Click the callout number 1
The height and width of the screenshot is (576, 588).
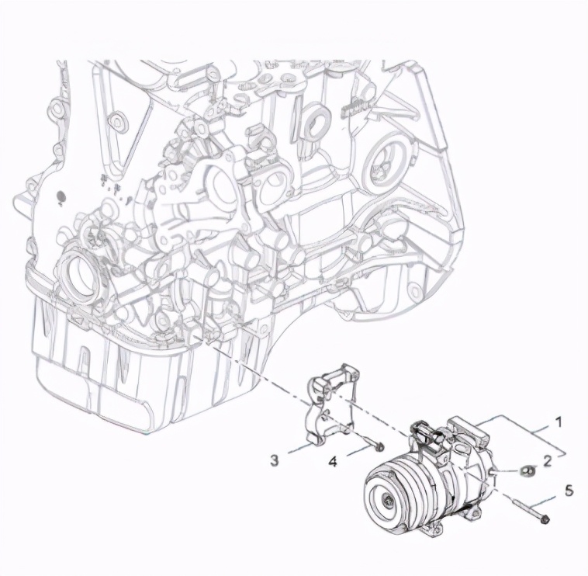(558, 422)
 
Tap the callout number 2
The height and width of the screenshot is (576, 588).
(548, 461)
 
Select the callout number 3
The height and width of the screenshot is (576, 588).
(275, 460)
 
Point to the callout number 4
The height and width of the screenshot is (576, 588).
(333, 462)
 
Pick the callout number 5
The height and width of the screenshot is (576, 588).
(569, 491)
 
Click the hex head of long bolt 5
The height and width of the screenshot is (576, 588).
(545, 519)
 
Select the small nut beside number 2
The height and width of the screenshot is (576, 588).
(528, 470)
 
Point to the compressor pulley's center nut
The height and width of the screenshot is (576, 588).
(386, 499)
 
